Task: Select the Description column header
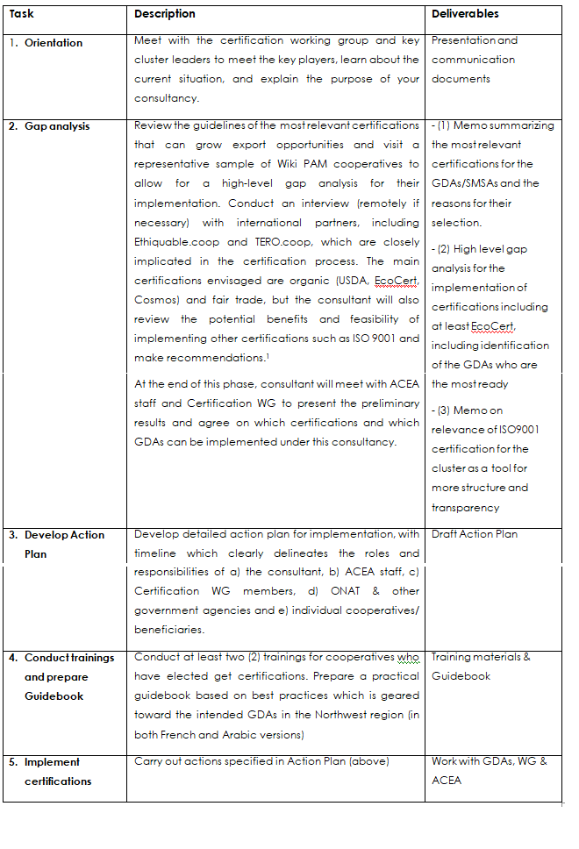pos(164,14)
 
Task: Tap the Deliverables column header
pos(465,14)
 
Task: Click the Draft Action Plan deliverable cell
pos(475,534)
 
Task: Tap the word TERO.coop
pos(286,242)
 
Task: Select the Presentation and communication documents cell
pos(474,60)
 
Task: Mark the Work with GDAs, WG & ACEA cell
pos(489,771)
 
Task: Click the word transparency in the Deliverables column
pos(465,508)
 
